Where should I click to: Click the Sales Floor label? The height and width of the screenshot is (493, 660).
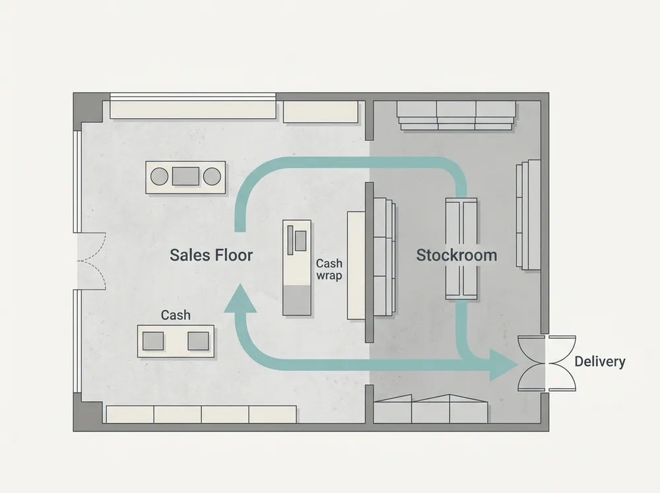[x=211, y=255]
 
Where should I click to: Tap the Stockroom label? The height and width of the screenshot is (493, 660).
[x=457, y=255]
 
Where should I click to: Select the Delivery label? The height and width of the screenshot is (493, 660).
[x=600, y=361]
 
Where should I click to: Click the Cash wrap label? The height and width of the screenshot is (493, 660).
[x=329, y=269]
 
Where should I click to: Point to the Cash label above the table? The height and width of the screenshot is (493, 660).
[x=176, y=315]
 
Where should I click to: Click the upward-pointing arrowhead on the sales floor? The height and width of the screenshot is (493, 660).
[x=240, y=298]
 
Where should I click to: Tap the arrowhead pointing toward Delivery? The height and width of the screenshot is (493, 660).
[x=504, y=365]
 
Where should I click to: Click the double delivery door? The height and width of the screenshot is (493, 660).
[x=546, y=364]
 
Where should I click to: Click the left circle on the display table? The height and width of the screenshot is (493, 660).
[x=160, y=177]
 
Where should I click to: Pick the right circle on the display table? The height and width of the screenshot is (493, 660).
[x=212, y=177]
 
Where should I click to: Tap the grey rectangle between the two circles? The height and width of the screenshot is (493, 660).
[x=185, y=176]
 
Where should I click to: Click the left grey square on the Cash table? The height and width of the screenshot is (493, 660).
[x=153, y=341]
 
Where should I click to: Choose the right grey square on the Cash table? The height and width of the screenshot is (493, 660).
[x=198, y=341]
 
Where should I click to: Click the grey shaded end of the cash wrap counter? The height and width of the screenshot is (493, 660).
[x=297, y=300]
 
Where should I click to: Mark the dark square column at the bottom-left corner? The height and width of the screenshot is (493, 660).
[x=88, y=412]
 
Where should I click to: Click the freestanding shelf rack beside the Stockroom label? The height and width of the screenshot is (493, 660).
[x=461, y=249]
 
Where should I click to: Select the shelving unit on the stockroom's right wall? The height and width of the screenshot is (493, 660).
[x=529, y=214]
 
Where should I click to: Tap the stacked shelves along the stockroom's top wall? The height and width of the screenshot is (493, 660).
[x=457, y=115]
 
